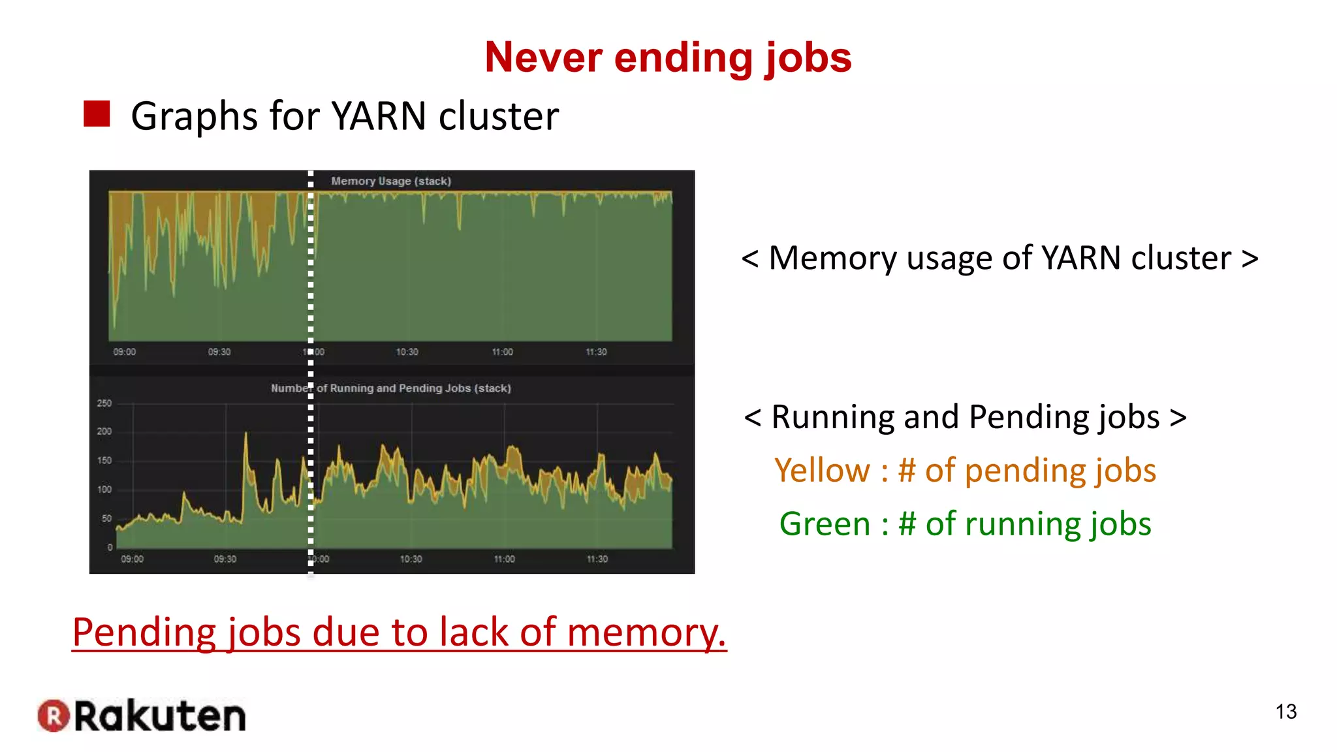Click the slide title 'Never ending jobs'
click(x=668, y=57)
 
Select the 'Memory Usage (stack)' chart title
click(x=390, y=181)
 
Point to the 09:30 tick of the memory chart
click(x=219, y=352)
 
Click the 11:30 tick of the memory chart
click(x=596, y=352)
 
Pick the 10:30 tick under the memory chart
click(x=407, y=352)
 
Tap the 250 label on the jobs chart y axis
click(x=104, y=403)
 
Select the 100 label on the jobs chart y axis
click(x=104, y=490)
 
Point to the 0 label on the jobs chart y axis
click(x=110, y=547)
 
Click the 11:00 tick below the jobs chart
click(x=504, y=559)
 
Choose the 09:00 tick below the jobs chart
click(x=132, y=559)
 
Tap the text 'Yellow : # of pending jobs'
click(x=965, y=470)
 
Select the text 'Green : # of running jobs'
click(x=965, y=524)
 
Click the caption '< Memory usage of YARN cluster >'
click(x=999, y=258)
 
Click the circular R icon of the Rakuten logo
click(x=54, y=715)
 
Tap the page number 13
click(x=1285, y=712)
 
